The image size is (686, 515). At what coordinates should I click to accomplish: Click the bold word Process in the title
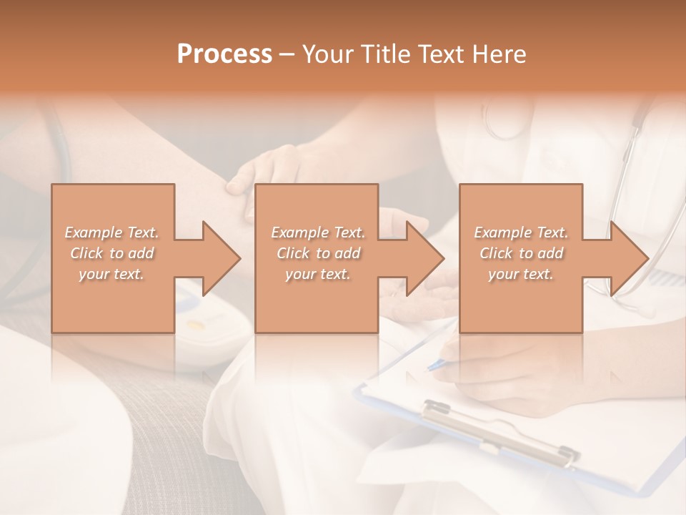click(x=224, y=54)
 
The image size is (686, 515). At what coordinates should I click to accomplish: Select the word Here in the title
click(x=499, y=54)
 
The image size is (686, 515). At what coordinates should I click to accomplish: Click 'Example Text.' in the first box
click(x=112, y=232)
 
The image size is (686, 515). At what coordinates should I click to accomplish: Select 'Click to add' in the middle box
click(x=318, y=253)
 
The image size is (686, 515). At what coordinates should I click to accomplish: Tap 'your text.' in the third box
click(x=521, y=274)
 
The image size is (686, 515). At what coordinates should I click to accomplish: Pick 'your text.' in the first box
click(x=112, y=274)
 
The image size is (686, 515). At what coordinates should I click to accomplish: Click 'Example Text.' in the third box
click(x=521, y=232)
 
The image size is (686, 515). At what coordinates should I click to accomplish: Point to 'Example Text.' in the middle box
click(x=318, y=232)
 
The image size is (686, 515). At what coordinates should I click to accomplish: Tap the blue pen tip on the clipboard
click(x=431, y=368)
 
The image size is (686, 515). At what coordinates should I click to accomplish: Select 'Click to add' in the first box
click(x=112, y=253)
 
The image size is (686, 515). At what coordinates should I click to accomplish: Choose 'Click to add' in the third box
click(x=521, y=253)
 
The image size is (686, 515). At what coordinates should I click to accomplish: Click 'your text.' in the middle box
click(x=318, y=274)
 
